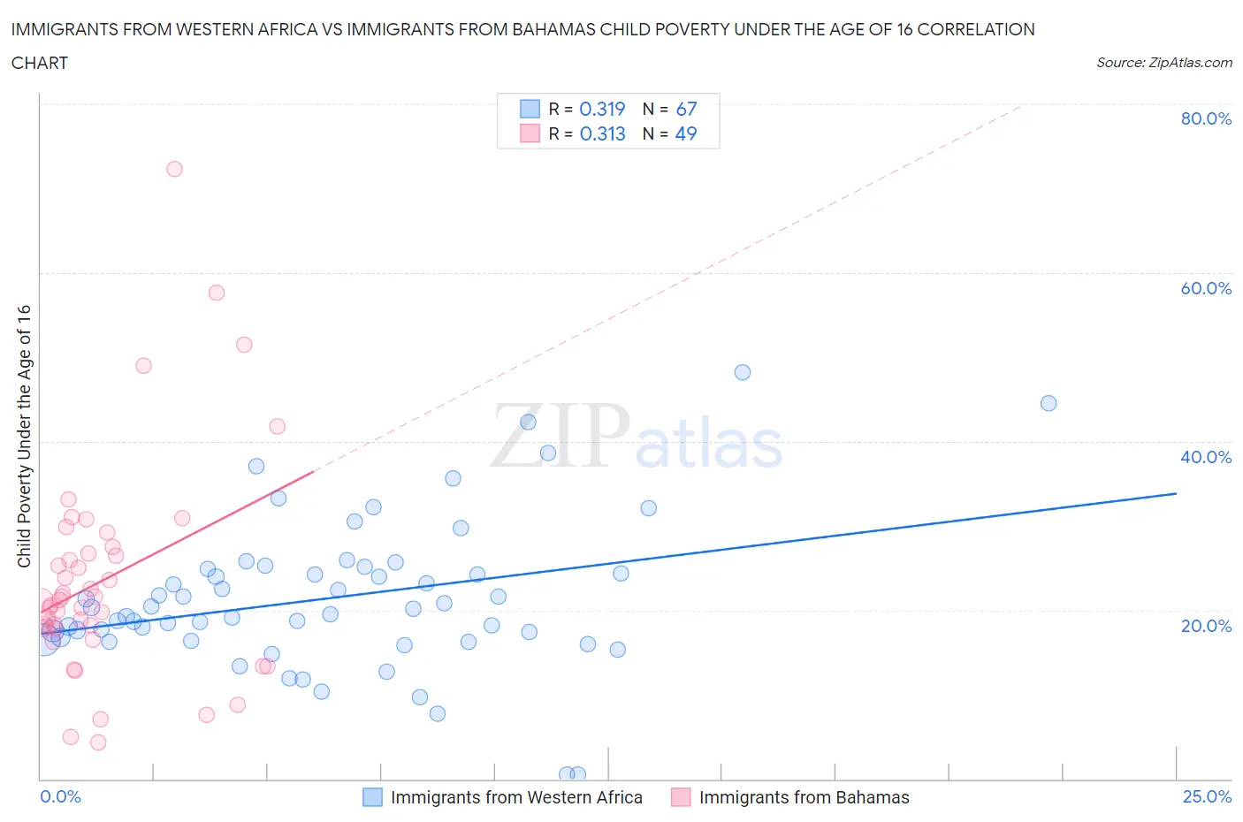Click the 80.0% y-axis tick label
[1206, 118]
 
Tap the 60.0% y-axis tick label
[1206, 288]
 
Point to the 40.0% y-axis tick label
[1206, 457]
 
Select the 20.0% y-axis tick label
[1206, 626]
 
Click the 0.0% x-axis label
[60, 796]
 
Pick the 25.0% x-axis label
[1207, 796]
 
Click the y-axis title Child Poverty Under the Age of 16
[24, 436]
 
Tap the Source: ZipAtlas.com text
[1163, 63]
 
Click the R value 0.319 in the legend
[602, 109]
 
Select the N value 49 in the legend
[686, 133]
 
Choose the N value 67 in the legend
[686, 109]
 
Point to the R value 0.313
[602, 133]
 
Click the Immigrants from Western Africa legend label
[516, 797]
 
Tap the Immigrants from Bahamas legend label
[804, 797]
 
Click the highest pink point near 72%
[174, 169]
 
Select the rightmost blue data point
[1049, 403]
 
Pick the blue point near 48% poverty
[743, 372]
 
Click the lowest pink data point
[98, 742]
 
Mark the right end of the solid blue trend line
[1176, 493]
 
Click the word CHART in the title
[40, 63]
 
